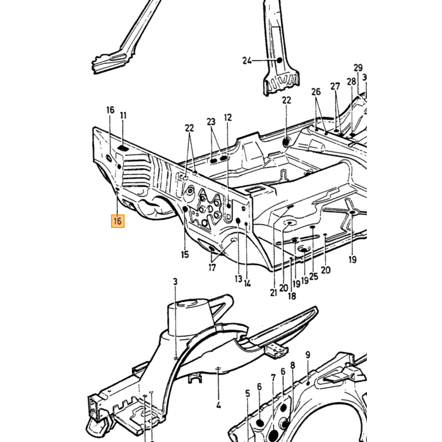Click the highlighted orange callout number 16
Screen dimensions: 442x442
[x=118, y=221]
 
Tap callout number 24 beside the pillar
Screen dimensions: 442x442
[x=247, y=61]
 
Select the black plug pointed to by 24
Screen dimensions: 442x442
[x=279, y=60]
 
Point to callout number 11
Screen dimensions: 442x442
[x=123, y=116]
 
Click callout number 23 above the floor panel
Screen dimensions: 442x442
[x=211, y=122]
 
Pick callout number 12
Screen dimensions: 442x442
[x=228, y=117]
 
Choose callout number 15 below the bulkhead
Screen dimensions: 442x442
[x=185, y=254]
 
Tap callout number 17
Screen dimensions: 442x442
[x=212, y=267]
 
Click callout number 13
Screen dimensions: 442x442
[x=239, y=279]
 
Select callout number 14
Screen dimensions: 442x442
[x=248, y=284]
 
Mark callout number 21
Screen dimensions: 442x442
[x=273, y=292]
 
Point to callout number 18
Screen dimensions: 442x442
[x=292, y=296]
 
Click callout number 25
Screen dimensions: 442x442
[x=313, y=277]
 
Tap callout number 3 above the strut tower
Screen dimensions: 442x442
[x=176, y=282]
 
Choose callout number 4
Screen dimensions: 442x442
[x=218, y=405]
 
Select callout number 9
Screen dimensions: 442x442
[x=308, y=355]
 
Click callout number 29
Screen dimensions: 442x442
[x=358, y=68]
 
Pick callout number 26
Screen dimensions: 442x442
[x=316, y=92]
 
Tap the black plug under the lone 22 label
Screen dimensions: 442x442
[x=287, y=142]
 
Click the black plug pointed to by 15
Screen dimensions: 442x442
[x=185, y=209]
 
